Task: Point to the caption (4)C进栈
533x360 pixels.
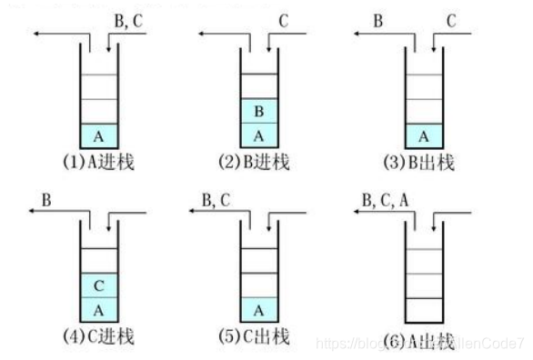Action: click(x=97, y=337)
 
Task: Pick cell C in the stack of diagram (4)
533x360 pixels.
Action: click(x=98, y=285)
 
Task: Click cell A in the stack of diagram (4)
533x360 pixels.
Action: click(x=98, y=308)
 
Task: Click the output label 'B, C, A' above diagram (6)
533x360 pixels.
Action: click(x=386, y=197)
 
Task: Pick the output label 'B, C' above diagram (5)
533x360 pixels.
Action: click(x=216, y=197)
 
